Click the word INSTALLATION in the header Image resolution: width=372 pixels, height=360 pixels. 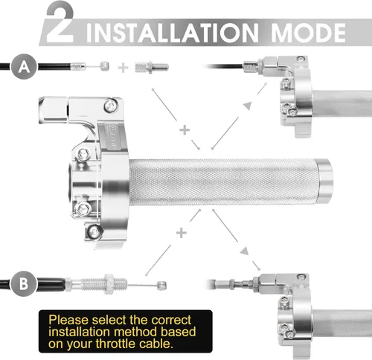173,33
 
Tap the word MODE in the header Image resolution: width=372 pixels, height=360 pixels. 308,33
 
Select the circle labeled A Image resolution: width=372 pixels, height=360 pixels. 24,66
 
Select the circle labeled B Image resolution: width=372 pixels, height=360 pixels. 24,283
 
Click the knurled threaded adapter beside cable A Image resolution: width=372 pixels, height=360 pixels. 152,67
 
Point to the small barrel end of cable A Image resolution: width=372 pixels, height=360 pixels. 105,66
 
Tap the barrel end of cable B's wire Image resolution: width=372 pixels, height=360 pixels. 162,286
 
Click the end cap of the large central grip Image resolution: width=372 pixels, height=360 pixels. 325,181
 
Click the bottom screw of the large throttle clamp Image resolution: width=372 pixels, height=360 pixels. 94,232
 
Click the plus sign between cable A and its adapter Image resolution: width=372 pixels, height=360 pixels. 123,68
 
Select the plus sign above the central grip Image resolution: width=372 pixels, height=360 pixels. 185,130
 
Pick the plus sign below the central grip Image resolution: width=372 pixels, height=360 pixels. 182,233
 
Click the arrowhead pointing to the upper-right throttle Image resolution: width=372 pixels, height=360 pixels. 248,105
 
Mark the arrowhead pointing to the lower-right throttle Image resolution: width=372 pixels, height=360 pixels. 245,251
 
